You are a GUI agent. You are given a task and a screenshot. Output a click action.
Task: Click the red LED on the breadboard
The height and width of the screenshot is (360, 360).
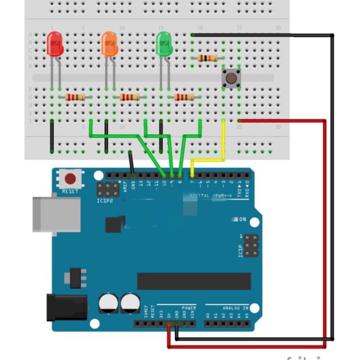55,44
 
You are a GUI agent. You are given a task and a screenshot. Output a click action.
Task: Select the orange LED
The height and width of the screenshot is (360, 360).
110,44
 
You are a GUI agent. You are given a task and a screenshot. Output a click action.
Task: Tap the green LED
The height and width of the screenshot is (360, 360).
164,44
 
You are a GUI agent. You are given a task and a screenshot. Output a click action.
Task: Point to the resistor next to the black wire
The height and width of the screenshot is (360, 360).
208,58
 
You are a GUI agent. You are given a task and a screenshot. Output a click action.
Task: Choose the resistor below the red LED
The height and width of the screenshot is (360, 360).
76,97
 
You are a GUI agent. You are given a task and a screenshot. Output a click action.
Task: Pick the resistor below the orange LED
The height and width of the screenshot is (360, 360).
130,97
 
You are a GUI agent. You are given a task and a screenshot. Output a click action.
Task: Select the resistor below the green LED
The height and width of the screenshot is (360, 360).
185,97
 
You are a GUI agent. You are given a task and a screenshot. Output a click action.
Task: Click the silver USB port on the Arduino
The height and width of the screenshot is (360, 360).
56,214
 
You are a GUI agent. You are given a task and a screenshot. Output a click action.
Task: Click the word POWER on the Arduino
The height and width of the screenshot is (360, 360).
189,308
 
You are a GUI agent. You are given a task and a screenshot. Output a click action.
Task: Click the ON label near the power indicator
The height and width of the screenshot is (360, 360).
242,220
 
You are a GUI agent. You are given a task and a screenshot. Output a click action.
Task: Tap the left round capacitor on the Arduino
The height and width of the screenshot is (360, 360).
108,303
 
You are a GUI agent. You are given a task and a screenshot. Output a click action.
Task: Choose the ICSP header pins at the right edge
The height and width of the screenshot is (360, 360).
251,246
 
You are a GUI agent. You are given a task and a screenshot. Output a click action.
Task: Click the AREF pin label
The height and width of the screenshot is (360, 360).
125,186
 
